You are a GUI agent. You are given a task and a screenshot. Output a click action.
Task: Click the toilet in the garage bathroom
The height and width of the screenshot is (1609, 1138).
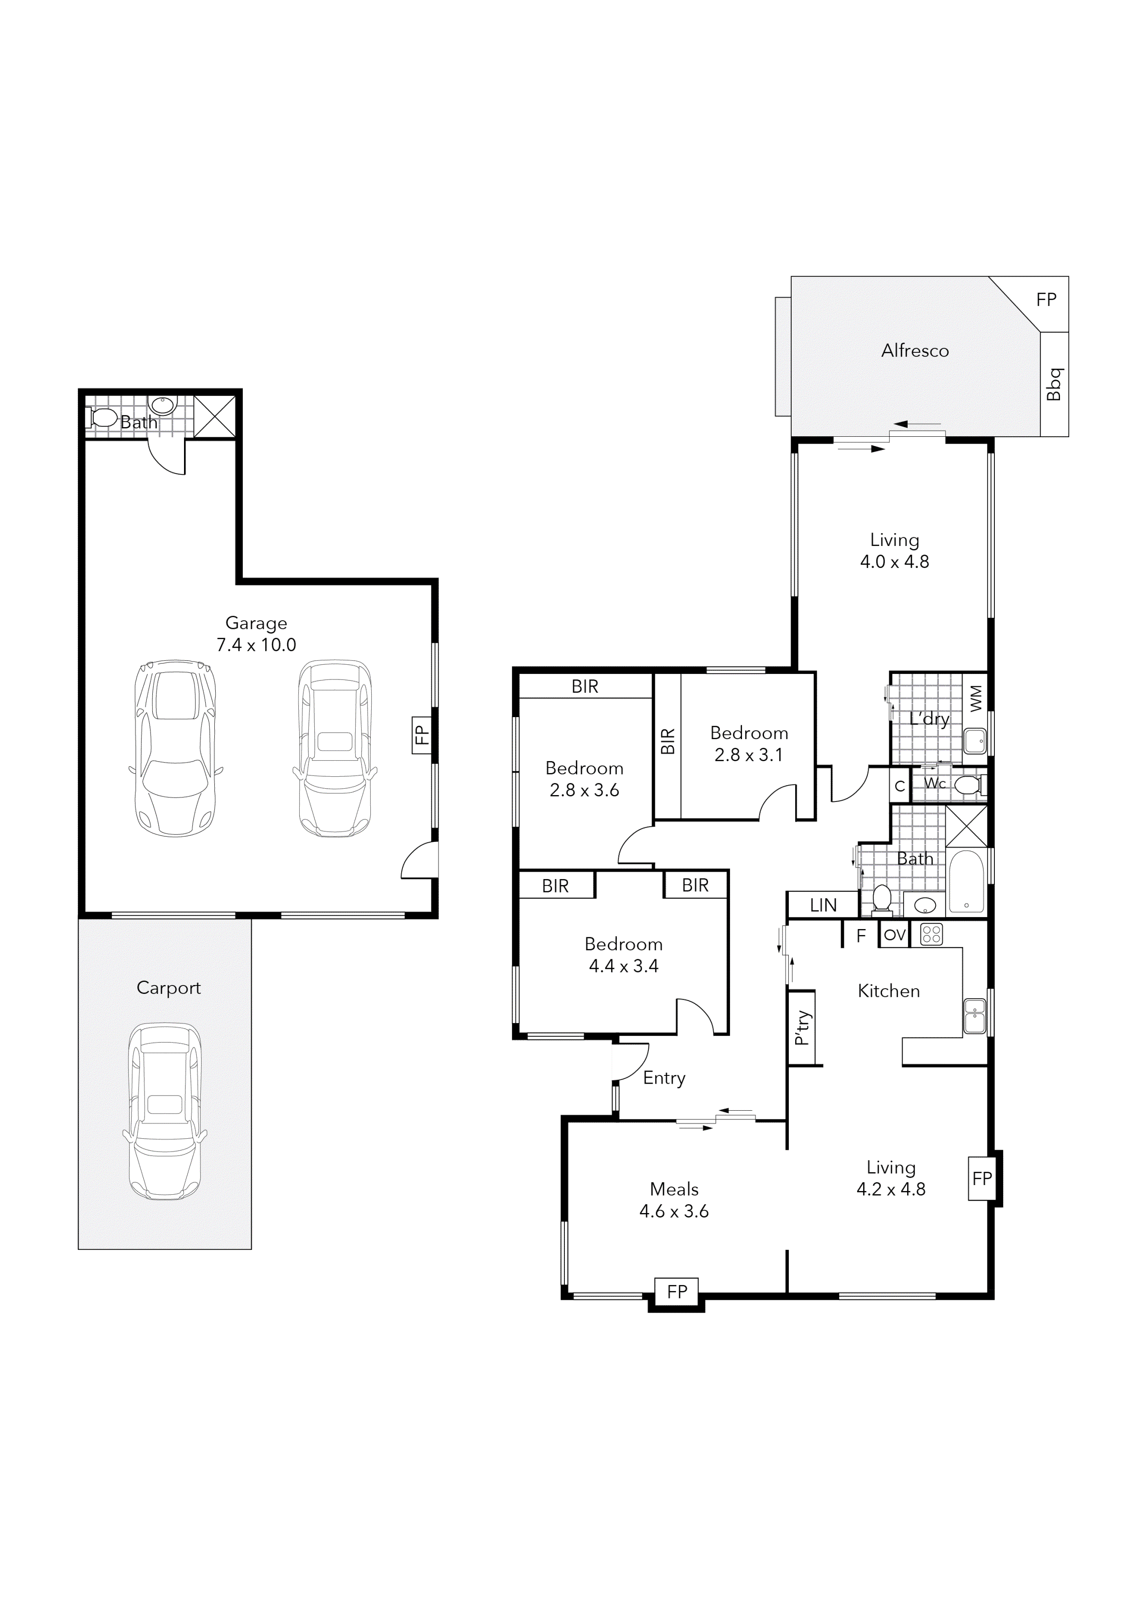pos(103,418)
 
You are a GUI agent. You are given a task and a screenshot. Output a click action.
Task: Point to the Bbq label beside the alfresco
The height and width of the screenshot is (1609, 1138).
pos(1054,384)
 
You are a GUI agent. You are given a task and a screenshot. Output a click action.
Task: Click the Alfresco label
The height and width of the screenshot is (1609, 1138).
pos(915,351)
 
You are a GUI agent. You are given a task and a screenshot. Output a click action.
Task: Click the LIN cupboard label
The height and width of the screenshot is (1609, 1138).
pos(823,905)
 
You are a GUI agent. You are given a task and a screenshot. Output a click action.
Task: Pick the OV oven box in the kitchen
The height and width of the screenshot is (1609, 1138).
pos(894,935)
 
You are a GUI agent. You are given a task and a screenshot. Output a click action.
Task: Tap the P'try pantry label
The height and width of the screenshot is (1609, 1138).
pos(803,1027)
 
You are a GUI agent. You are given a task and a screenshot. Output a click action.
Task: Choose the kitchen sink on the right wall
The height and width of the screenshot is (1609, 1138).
pos(975,1015)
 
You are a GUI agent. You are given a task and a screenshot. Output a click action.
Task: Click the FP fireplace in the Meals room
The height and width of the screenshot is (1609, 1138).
pos(676,1291)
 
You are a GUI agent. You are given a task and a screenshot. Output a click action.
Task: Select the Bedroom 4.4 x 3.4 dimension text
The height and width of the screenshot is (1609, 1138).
pos(623,966)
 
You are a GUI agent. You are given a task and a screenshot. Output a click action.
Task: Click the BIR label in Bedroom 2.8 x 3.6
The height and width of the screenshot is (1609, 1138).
pos(585,687)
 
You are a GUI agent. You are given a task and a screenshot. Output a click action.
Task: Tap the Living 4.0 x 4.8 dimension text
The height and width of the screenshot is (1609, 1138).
pos(894,561)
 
